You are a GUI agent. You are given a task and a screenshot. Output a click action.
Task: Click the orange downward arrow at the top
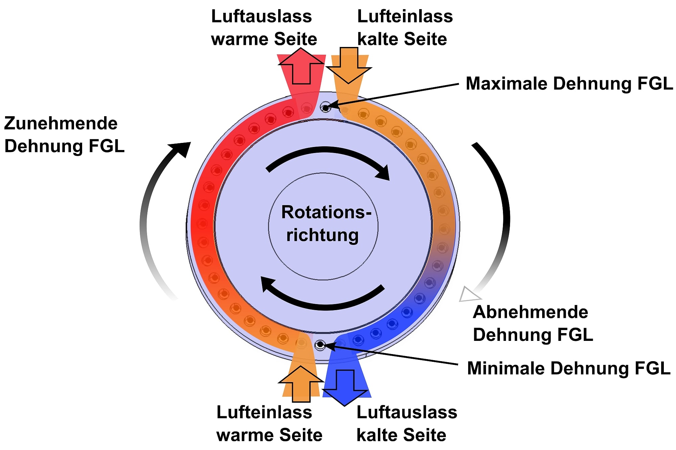coord(349,66)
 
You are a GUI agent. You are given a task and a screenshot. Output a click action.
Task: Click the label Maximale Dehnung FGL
coord(569,83)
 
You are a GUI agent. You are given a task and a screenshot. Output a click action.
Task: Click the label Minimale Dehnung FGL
coord(569,368)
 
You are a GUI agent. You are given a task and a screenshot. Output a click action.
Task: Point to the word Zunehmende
coord(61,123)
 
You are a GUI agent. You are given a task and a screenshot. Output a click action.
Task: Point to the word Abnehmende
coord(530,312)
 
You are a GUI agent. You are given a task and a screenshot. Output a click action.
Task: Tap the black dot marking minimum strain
coord(320,345)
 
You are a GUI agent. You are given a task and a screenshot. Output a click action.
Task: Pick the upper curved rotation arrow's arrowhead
coord(384,172)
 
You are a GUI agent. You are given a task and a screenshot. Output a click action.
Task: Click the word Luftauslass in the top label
coord(261,16)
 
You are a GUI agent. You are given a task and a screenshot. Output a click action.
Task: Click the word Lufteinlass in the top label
coord(405,16)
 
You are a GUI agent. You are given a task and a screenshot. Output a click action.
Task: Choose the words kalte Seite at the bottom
coord(401,435)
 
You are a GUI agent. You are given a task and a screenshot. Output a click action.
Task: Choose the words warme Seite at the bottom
coord(269,435)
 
